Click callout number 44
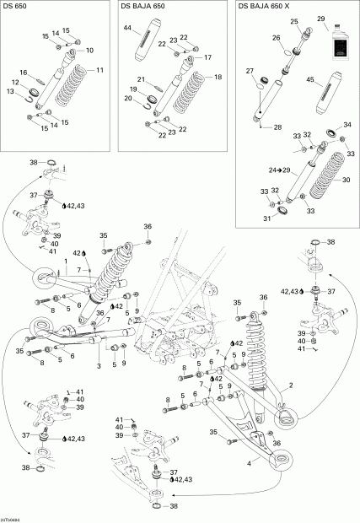tap(127, 28)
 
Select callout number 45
tap(311, 80)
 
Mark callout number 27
tap(250, 73)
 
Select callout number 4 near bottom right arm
tap(250, 461)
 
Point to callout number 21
tap(142, 80)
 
